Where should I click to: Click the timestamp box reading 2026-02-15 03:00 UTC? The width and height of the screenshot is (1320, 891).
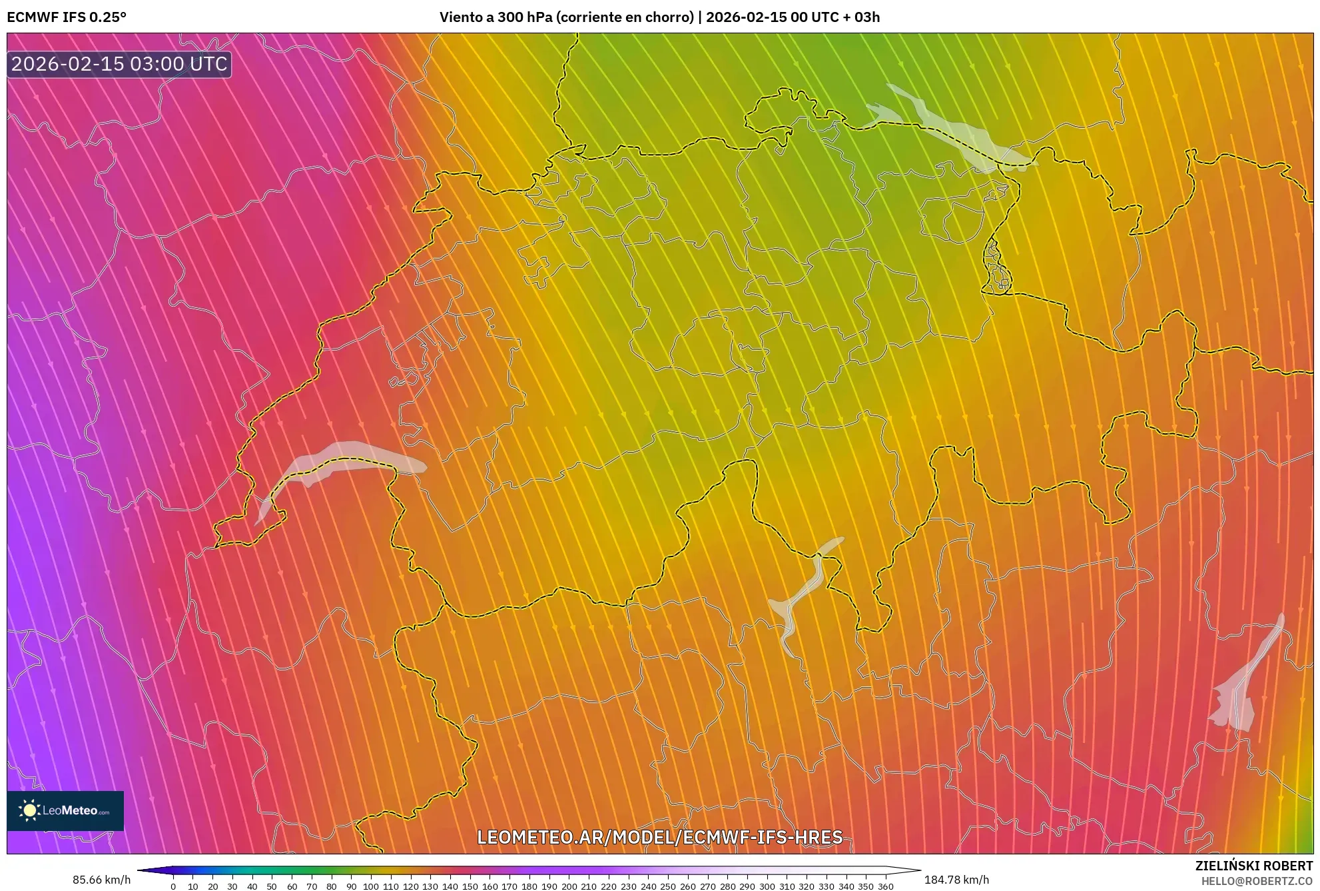(119, 65)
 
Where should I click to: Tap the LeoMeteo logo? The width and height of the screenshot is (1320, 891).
(65, 810)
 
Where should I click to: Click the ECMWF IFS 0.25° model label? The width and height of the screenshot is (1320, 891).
(67, 17)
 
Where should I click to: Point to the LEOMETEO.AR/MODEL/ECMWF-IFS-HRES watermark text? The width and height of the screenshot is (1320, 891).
(660, 837)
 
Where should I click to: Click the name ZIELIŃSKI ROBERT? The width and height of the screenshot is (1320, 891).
(1253, 866)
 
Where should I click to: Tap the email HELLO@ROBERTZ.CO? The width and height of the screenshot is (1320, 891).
(1257, 881)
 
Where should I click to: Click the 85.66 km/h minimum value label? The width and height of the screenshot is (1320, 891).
(101, 880)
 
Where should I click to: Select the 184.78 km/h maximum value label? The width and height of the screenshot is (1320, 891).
(956, 880)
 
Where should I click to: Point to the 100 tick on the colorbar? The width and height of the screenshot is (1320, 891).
(371, 886)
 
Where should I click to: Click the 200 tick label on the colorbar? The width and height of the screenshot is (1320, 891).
(569, 886)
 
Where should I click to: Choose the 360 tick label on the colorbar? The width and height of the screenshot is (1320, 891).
(885, 886)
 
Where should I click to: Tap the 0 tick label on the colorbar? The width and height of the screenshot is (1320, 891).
(173, 886)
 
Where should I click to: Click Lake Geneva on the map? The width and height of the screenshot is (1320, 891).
(340, 460)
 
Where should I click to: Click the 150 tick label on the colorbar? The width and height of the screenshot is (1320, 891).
(470, 886)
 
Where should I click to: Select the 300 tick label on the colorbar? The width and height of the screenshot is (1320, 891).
(767, 886)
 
